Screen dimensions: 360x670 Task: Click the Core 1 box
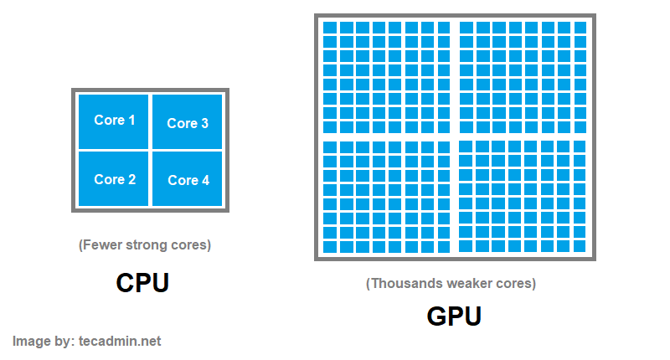coord(113,121)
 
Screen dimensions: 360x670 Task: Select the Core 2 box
coord(113,178)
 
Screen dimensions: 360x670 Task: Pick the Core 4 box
coord(187,179)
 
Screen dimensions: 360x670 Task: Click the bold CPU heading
coord(142,283)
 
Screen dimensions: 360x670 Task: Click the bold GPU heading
coord(454,316)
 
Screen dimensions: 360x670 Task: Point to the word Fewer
coord(100,245)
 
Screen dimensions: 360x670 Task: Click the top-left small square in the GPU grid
coord(330,28)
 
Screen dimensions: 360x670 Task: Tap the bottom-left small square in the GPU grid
coord(330,247)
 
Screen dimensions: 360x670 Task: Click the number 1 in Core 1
coord(131,120)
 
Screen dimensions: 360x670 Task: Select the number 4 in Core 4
coord(205,180)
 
